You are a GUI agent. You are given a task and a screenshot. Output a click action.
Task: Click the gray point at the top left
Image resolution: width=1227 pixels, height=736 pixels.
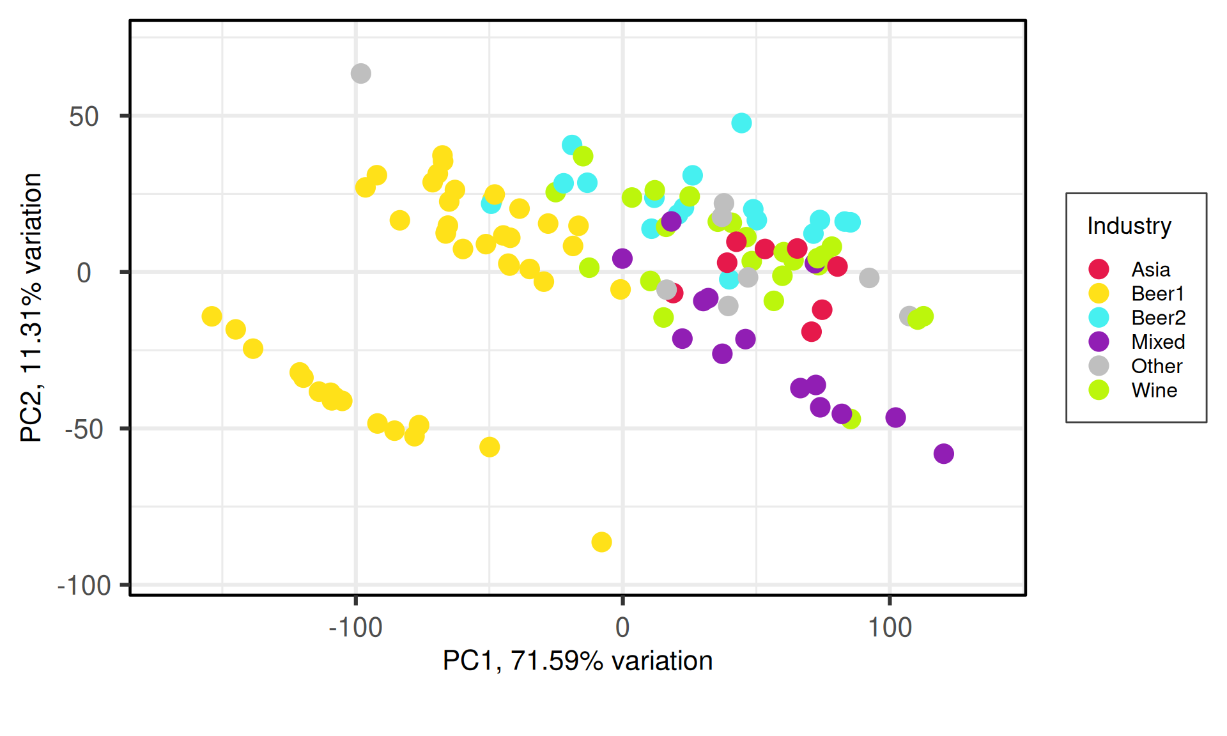click(x=360, y=73)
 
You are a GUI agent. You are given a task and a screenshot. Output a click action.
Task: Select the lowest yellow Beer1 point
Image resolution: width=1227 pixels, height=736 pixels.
click(x=601, y=542)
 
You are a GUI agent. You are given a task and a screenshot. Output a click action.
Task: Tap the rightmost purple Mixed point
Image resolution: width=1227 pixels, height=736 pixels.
click(x=943, y=454)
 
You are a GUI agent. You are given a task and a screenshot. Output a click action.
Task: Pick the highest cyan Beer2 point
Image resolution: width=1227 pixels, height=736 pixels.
click(x=741, y=123)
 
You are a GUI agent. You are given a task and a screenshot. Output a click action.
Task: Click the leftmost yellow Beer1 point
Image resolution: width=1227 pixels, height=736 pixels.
click(x=212, y=316)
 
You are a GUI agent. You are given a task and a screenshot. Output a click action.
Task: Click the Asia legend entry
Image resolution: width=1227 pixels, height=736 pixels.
click(x=1150, y=269)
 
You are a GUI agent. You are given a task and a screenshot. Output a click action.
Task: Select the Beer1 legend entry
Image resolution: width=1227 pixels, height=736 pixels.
click(x=1157, y=293)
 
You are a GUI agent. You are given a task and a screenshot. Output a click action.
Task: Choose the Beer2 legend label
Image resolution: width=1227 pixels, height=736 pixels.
click(x=1158, y=318)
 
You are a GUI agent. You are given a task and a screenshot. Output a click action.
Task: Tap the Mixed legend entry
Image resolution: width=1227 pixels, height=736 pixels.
click(x=1157, y=342)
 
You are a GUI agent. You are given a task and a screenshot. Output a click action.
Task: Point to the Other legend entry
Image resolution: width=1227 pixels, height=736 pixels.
click(x=1156, y=366)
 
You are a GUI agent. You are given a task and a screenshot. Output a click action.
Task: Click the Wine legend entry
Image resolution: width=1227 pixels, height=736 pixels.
click(x=1154, y=390)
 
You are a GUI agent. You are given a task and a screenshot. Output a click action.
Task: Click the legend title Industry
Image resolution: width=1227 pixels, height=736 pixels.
click(x=1129, y=226)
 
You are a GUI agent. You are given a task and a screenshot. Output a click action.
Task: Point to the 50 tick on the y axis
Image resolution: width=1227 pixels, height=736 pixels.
click(x=84, y=116)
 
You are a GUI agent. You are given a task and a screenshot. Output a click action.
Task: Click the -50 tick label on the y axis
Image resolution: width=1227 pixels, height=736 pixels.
click(x=84, y=429)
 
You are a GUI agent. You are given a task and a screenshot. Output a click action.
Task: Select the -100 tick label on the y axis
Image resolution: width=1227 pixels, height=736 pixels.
click(x=84, y=585)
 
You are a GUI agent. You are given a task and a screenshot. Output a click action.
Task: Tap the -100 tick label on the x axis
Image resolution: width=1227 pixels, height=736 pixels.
click(x=355, y=627)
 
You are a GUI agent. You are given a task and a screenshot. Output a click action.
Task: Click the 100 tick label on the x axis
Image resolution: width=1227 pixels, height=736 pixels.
click(x=889, y=627)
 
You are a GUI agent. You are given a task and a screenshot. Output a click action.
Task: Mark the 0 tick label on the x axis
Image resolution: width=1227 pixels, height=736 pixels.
click(x=622, y=627)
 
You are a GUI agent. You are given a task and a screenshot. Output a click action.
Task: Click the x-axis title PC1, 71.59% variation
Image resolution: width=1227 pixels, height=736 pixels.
click(x=577, y=661)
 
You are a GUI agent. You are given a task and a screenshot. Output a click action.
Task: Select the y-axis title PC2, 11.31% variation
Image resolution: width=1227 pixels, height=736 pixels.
click(x=31, y=307)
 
